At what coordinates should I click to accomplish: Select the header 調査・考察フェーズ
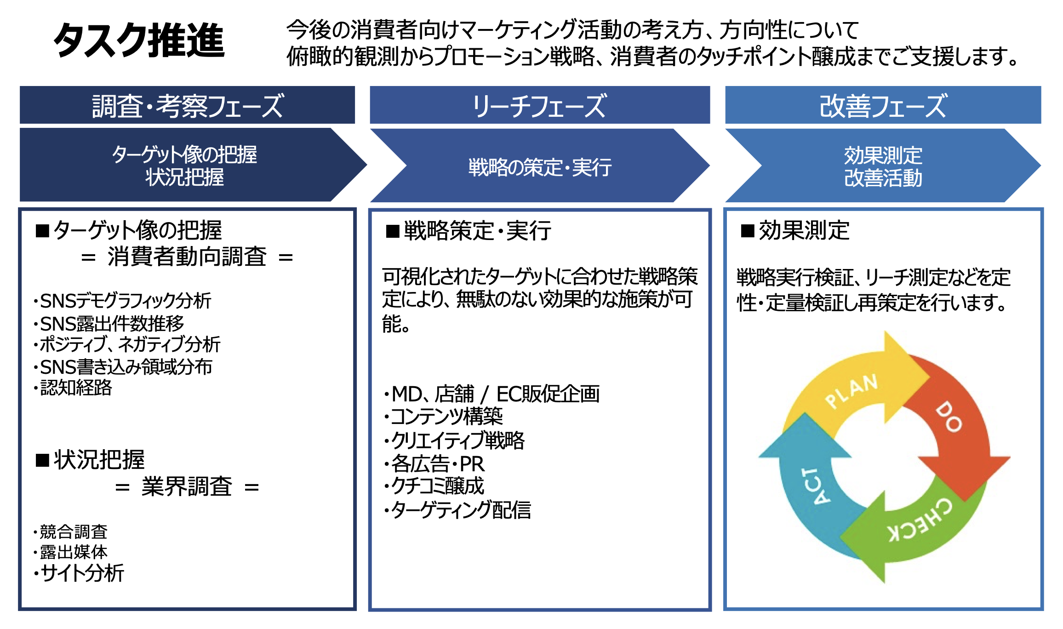coord(187,105)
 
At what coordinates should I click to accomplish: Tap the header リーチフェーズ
coord(539,105)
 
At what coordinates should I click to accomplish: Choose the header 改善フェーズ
coord(883,105)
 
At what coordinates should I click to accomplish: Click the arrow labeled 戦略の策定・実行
coord(540,166)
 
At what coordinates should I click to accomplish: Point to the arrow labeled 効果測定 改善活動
coord(883,166)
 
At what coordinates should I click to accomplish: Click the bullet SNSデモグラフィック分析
coord(125,301)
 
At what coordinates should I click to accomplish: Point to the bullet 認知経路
coord(76,388)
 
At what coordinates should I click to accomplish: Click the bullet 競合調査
coord(73,532)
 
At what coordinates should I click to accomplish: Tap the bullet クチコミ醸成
coord(437,486)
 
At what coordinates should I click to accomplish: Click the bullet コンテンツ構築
coord(446,417)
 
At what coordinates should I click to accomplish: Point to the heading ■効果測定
coord(795,230)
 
